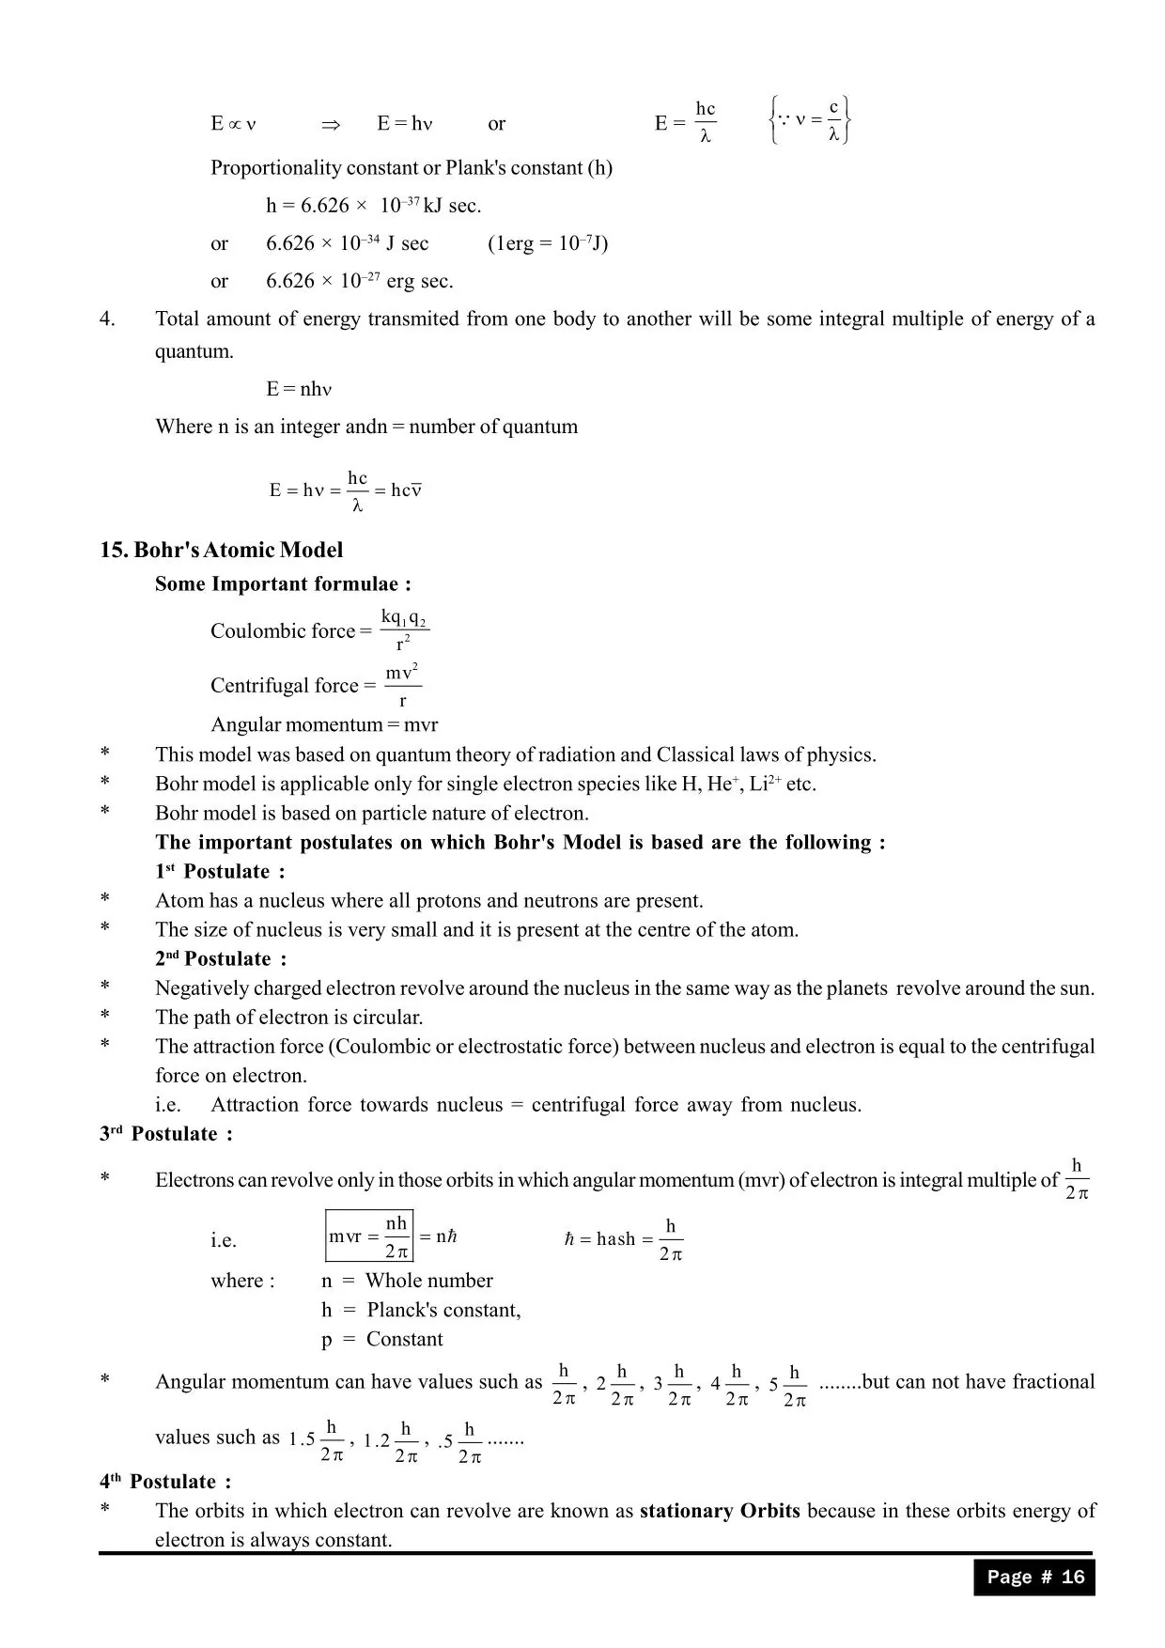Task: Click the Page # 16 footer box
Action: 1034,1577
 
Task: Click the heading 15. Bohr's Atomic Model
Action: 222,550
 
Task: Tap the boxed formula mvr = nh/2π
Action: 369,1236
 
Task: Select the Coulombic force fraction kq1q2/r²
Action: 404,630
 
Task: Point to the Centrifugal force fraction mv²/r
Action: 402,685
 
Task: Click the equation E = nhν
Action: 299,389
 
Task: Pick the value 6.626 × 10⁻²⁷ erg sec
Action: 359,281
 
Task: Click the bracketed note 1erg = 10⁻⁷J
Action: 548,243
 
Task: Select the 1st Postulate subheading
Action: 220,871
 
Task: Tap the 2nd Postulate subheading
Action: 221,958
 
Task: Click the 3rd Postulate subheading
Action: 166,1133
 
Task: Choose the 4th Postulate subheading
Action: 165,1482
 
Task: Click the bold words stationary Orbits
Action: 720,1511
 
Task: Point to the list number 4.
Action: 107,319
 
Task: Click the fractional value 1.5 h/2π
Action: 317,1439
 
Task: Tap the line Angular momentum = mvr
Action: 324,724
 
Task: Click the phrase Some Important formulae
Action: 283,583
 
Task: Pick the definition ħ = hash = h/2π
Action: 623,1239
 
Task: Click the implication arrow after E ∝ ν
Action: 330,124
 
